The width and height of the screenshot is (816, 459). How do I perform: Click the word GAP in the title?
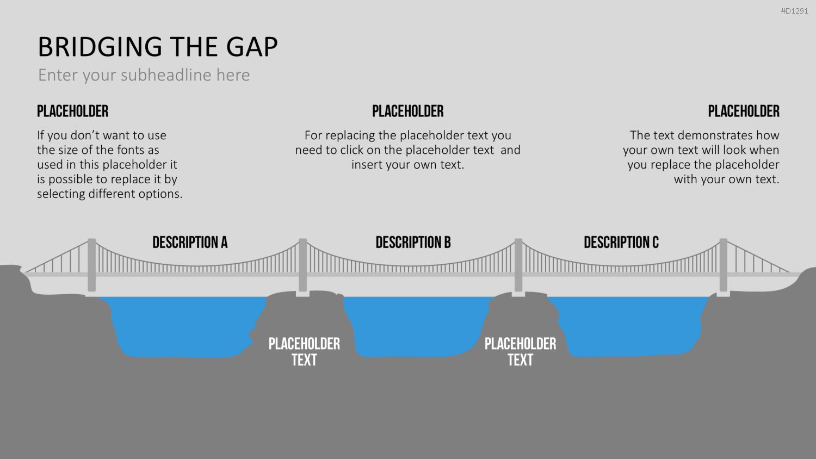click(x=252, y=47)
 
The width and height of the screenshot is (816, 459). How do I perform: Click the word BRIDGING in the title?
click(x=100, y=47)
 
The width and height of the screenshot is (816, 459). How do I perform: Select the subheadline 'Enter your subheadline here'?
click(x=144, y=75)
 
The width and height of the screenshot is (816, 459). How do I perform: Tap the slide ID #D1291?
click(x=794, y=11)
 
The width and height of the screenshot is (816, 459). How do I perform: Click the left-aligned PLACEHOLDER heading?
click(x=73, y=111)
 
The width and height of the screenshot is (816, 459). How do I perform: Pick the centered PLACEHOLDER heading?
click(x=407, y=111)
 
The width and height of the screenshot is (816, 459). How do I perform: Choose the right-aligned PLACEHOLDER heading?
click(x=744, y=111)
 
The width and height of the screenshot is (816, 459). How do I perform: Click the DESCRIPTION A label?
click(x=190, y=242)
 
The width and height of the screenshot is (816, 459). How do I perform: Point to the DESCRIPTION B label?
click(x=413, y=242)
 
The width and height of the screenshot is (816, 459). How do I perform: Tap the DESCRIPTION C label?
click(x=621, y=242)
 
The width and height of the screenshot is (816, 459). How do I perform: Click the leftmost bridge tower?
click(x=92, y=265)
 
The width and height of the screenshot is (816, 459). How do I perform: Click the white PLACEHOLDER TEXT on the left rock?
click(x=304, y=352)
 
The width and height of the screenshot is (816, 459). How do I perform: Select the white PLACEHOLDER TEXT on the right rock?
click(x=520, y=352)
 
